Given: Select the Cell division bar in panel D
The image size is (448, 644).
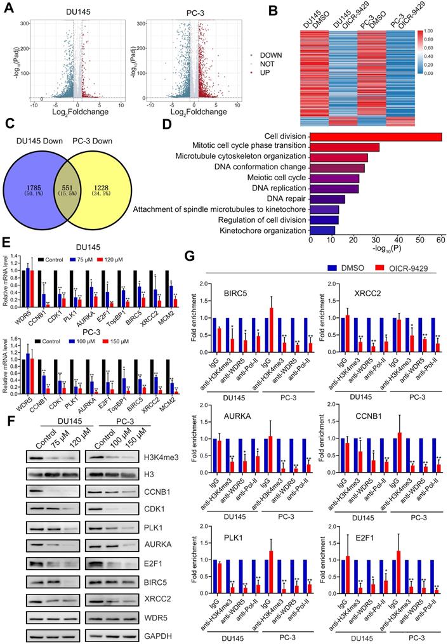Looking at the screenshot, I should click(x=375, y=136).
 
